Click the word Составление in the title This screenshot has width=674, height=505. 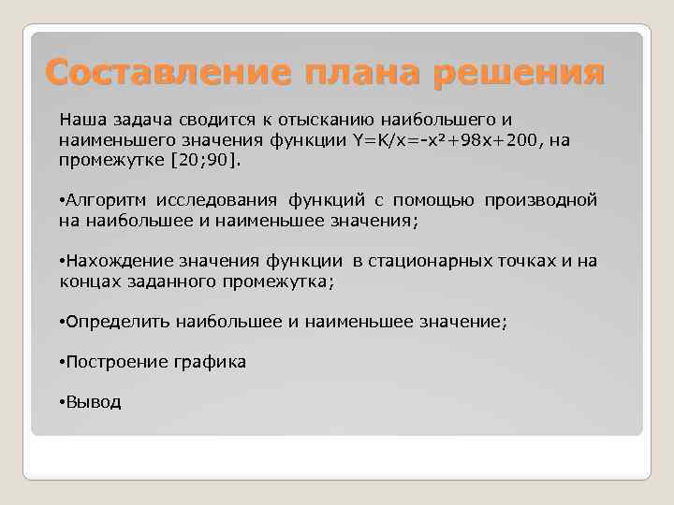coord(147,72)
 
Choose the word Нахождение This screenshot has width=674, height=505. coord(112,261)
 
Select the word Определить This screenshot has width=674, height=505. coord(117,322)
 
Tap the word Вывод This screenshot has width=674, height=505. coord(93,402)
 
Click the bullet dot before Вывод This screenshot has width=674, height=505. coord(61,403)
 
